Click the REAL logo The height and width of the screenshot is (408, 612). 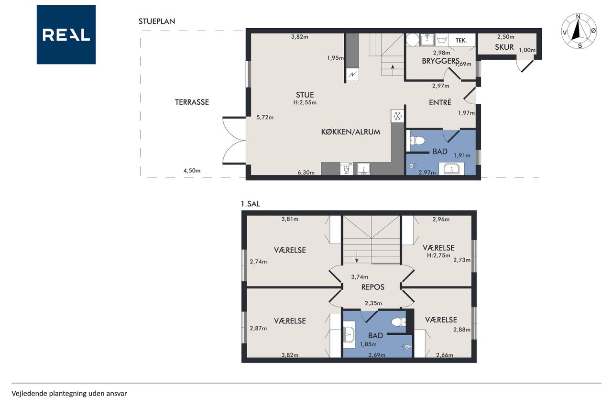[66, 35]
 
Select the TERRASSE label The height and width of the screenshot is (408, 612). [192, 102]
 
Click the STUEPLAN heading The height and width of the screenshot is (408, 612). [157, 22]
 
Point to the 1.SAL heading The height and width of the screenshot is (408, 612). [250, 204]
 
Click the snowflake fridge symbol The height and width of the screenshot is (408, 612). [397, 116]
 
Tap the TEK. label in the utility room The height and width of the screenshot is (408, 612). [461, 41]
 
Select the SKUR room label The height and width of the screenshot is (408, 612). [504, 47]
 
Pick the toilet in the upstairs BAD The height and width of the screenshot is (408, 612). [399, 322]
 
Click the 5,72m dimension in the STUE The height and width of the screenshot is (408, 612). [265, 118]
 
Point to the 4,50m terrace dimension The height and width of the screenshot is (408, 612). [192, 171]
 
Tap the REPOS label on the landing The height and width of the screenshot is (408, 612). [372, 287]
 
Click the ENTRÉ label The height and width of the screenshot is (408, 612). [440, 102]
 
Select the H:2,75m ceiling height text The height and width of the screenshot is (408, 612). [438, 255]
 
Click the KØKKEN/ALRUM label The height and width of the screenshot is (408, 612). [350, 132]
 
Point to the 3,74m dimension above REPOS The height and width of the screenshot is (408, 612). [360, 277]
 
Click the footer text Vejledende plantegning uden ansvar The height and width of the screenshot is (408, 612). [69, 394]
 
